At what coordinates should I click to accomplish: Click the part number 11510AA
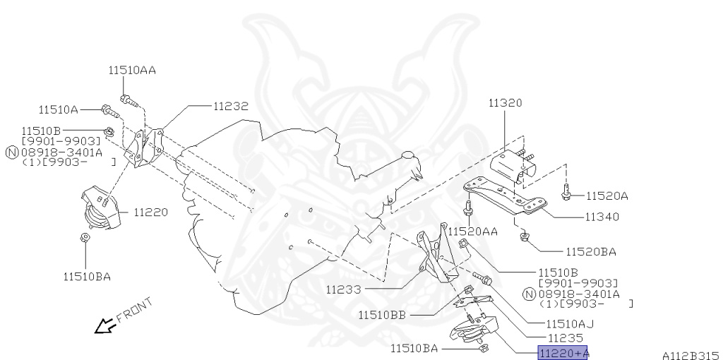[x=132, y=71]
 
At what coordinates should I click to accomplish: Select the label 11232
[x=231, y=107]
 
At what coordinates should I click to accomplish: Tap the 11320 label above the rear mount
[x=506, y=103]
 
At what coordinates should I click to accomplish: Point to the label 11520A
[x=607, y=196]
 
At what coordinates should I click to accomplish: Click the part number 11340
[x=602, y=217]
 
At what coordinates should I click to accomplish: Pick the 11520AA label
[x=473, y=232]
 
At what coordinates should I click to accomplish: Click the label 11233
[x=344, y=290]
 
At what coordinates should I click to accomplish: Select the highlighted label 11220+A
[x=563, y=353]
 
